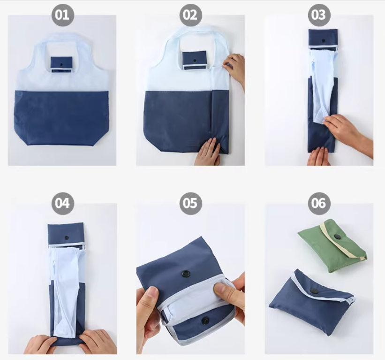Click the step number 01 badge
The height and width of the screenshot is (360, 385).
pos(63,15)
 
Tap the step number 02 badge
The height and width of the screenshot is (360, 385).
pos(190,15)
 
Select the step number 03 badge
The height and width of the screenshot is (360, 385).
pos(319,15)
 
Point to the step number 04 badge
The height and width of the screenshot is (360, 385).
pos(63,203)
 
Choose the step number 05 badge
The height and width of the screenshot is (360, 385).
pos(190,203)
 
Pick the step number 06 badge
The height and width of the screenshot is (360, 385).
pos(319,203)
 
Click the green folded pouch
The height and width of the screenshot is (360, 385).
pos(332,246)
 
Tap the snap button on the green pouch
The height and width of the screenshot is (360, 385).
pos(338,237)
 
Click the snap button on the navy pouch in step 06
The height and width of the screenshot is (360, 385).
pos(314,291)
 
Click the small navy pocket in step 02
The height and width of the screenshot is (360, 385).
pos(194,60)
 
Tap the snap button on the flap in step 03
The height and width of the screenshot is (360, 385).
pos(324,40)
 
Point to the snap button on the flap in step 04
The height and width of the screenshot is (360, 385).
pos(66,237)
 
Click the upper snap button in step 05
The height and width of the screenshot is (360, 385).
pos(186,273)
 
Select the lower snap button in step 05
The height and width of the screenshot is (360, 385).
pos(205,321)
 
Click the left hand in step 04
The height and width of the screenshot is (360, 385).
pos(40,344)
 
